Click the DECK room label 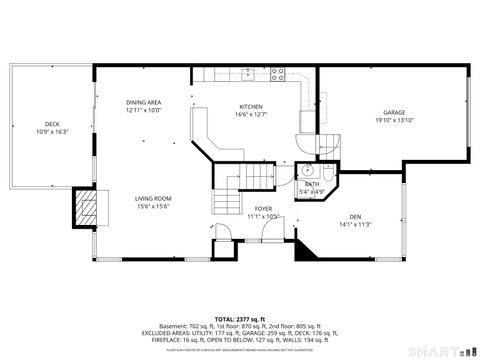(51, 124)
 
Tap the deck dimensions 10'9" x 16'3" (51, 131)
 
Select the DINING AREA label (144, 103)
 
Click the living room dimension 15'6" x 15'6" (153, 206)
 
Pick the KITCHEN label (250, 107)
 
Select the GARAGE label (394, 112)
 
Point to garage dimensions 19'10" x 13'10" (394, 120)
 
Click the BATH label (312, 184)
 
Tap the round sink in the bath (310, 170)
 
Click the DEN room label (355, 217)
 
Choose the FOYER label (263, 208)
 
